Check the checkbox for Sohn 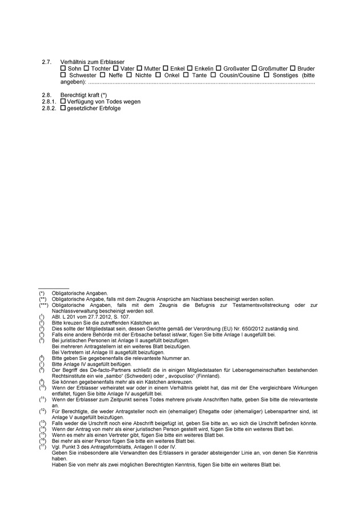click(63, 69)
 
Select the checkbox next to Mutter click(139, 69)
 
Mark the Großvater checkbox click(218, 69)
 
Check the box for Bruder click(294, 69)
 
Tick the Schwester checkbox click(63, 75)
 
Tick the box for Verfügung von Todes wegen click(63, 102)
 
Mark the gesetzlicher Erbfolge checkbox click(63, 108)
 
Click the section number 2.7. click(47, 62)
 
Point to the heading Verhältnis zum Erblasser click(92, 62)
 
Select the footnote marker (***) click(43, 305)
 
